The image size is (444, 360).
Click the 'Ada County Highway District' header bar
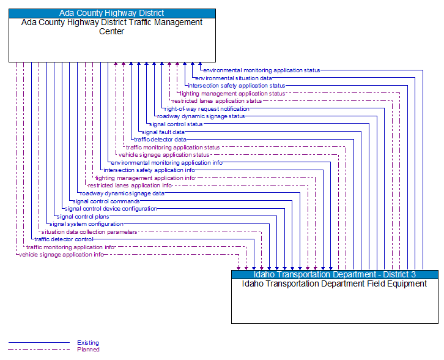[112, 13]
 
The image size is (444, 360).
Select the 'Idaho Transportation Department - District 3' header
[335, 274]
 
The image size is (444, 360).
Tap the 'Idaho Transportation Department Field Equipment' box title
[335, 283]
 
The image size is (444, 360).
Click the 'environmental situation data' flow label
[234, 78]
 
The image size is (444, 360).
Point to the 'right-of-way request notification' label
[207, 108]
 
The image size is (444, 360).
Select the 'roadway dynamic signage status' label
[201, 116]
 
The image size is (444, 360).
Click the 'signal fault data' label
[163, 132]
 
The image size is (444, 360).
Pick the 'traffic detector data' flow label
[160, 140]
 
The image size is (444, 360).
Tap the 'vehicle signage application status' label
[164, 155]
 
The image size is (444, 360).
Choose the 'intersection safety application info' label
[149, 170]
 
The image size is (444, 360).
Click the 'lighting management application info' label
[145, 178]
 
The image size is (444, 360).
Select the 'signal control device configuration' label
[111, 209]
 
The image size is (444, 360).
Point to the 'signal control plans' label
[83, 216]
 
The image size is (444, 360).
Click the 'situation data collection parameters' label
[89, 231]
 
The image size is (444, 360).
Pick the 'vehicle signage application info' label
[61, 255]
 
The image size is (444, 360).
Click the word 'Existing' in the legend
[88, 343]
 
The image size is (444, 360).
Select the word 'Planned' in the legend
[88, 350]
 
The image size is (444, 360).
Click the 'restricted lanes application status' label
[216, 101]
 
